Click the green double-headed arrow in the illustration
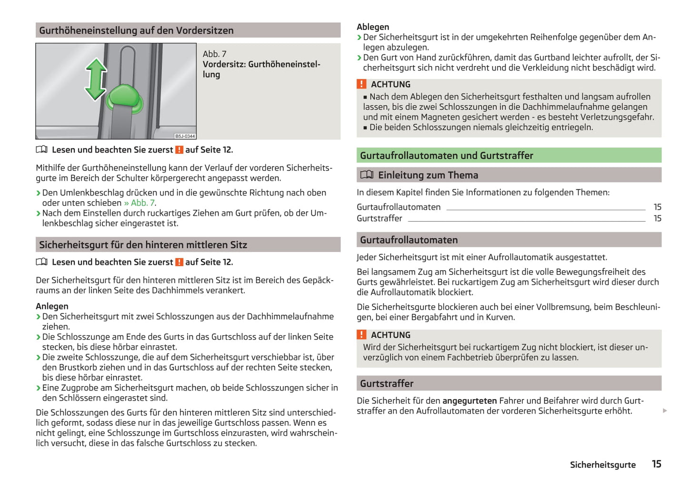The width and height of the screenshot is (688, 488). click(96, 79)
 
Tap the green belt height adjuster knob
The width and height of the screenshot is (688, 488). click(125, 98)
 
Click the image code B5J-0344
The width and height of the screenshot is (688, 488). click(185, 136)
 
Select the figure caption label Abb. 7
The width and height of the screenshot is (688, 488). click(215, 54)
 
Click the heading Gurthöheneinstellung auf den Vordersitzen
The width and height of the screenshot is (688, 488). click(136, 30)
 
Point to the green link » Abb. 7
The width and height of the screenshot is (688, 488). click(140, 203)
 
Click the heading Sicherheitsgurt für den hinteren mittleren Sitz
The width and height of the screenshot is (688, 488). click(143, 245)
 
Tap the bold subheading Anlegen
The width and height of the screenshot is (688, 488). click(52, 306)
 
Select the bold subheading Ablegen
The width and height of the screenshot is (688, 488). click(373, 27)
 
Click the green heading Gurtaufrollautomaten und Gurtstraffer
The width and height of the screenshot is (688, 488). click(446, 156)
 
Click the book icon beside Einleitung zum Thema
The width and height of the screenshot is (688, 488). click(367, 175)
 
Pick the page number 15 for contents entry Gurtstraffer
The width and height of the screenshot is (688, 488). click(657, 218)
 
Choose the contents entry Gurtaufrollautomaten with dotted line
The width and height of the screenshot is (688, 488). click(399, 207)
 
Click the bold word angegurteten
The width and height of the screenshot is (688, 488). click(469, 400)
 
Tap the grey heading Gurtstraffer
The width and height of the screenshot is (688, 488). click(387, 383)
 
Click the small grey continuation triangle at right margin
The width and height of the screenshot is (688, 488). click(665, 410)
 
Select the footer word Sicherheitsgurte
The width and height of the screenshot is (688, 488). click(602, 465)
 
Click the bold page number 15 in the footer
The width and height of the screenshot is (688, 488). click(657, 464)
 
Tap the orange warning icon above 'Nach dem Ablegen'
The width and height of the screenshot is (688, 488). click(362, 84)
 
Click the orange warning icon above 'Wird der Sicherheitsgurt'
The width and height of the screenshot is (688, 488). click(362, 335)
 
